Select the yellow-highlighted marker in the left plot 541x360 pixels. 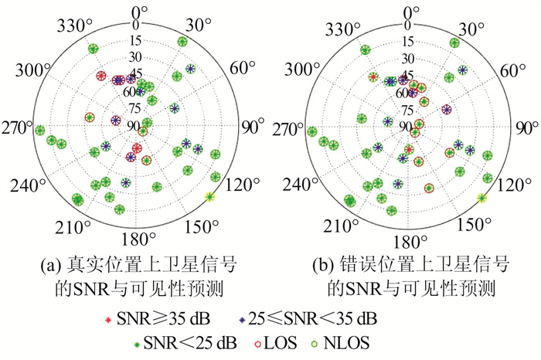(x=209, y=198)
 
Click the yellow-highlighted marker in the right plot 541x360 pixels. (x=483, y=199)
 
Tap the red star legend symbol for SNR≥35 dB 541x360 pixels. (x=114, y=317)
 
